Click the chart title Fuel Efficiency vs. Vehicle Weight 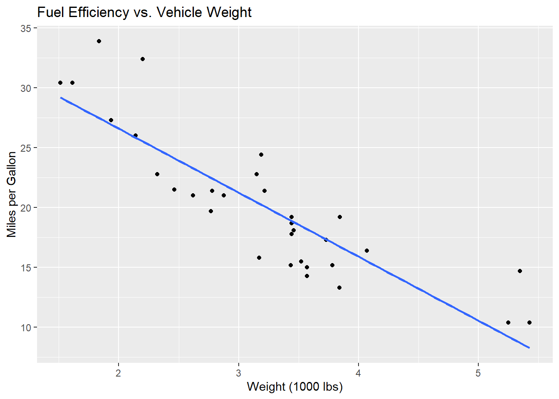pyautogui.click(x=144, y=12)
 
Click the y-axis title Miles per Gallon pyautogui.click(x=12, y=195)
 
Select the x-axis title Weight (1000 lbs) pyautogui.click(x=294, y=387)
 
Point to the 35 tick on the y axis pyautogui.click(x=26, y=28)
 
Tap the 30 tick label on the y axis pyautogui.click(x=26, y=88)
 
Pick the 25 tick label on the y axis pyautogui.click(x=26, y=148)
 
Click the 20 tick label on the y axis pyautogui.click(x=26, y=208)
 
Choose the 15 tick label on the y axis pyautogui.click(x=26, y=268)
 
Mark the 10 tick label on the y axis pyautogui.click(x=26, y=328)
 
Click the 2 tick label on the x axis pyautogui.click(x=119, y=373)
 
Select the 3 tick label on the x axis pyautogui.click(x=238, y=373)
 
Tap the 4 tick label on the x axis pyautogui.click(x=358, y=373)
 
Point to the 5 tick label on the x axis pyautogui.click(x=478, y=373)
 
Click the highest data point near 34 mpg pyautogui.click(x=99, y=41)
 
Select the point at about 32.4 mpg pyautogui.click(x=143, y=59)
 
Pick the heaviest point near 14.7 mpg pyautogui.click(x=520, y=271)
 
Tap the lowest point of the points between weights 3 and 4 pyautogui.click(x=339, y=288)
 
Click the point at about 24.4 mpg pyautogui.click(x=261, y=155)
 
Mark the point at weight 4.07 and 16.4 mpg pyautogui.click(x=367, y=251)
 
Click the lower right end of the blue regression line pyautogui.click(x=529, y=347)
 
